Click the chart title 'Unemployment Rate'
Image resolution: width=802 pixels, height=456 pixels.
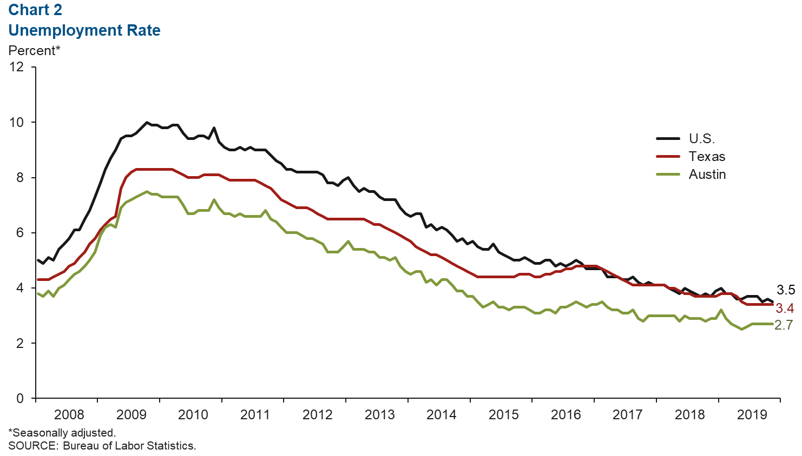click(x=84, y=30)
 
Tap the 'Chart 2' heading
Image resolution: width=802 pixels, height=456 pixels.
click(x=35, y=10)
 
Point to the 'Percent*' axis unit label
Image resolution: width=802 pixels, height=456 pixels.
click(x=34, y=51)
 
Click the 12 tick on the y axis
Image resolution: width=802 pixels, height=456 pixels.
click(x=17, y=67)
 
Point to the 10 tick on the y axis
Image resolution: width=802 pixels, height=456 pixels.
click(x=17, y=122)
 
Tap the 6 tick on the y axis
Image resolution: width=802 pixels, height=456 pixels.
click(x=20, y=233)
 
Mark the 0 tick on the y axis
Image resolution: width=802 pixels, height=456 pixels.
click(x=20, y=399)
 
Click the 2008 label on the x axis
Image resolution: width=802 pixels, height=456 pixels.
click(x=69, y=415)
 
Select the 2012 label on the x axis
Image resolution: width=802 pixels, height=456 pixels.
click(x=318, y=415)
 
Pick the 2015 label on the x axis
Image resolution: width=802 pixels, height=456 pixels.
click(x=504, y=415)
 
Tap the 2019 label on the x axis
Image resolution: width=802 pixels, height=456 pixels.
click(x=752, y=415)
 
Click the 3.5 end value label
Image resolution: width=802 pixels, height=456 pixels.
click(x=786, y=290)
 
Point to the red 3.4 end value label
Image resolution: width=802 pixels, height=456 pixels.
click(x=785, y=309)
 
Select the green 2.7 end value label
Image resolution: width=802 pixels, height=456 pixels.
click(x=784, y=325)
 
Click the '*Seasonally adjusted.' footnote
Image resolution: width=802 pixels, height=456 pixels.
click(x=62, y=433)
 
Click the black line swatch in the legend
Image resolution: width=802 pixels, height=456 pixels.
click(x=668, y=139)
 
